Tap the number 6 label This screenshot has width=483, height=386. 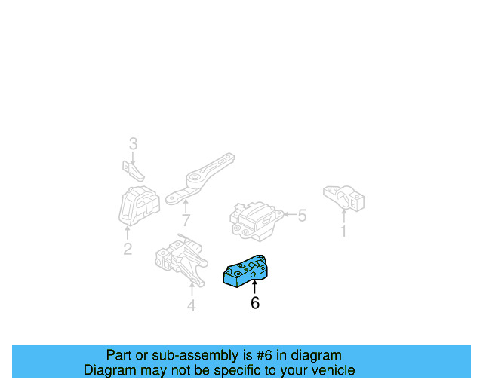pyautogui.click(x=255, y=303)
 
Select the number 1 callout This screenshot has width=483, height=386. pyautogui.click(x=343, y=231)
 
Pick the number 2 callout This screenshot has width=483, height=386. pyautogui.click(x=127, y=249)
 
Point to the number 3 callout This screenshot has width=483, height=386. pyautogui.click(x=133, y=143)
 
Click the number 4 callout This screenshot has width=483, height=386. pyautogui.click(x=191, y=305)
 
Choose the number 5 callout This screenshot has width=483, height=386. pyautogui.click(x=302, y=216)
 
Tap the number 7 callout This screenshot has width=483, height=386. pyautogui.click(x=186, y=221)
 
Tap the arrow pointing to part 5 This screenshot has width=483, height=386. pyautogui.click(x=288, y=216)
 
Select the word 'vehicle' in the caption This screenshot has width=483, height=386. pyautogui.click(x=331, y=370)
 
